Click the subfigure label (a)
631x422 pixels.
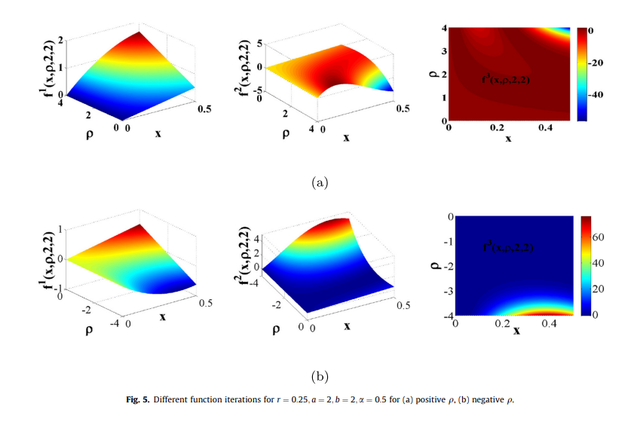[x=320, y=182]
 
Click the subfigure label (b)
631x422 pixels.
[x=320, y=375]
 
